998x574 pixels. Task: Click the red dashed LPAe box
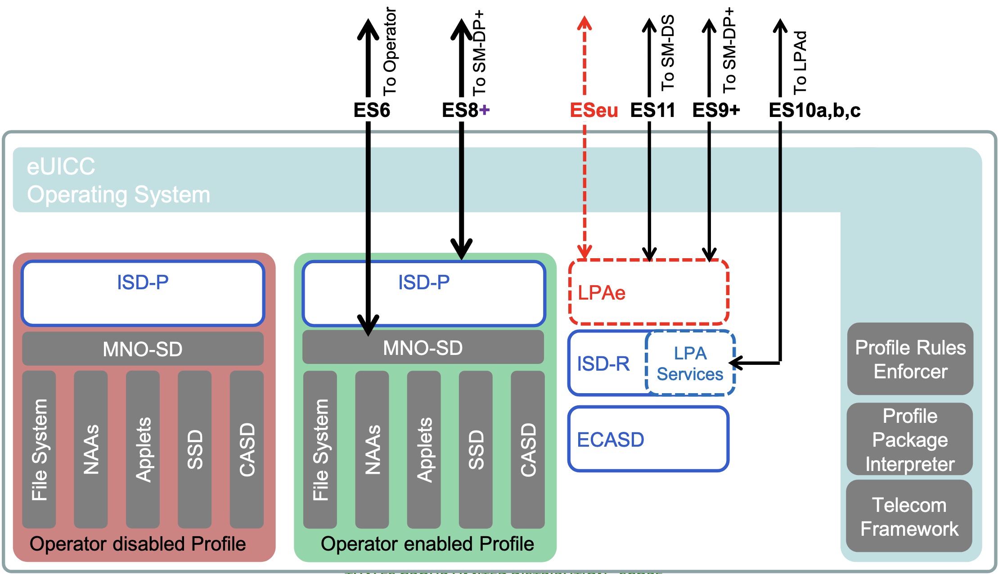[x=648, y=292]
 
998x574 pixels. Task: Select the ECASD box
[x=648, y=439]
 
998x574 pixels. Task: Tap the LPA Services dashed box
[x=690, y=363]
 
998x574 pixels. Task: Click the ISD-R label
[x=603, y=363]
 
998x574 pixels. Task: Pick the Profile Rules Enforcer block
[x=910, y=359]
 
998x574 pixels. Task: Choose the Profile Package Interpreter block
[x=909, y=439]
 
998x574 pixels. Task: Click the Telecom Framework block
[x=909, y=516]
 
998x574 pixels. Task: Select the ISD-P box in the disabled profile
[x=143, y=293]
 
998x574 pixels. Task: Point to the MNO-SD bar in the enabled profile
[x=423, y=348]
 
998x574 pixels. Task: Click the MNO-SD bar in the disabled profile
[x=143, y=349]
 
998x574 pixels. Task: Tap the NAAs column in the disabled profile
[x=91, y=449]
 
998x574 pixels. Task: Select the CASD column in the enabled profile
[x=528, y=449]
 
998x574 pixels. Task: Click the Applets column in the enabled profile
[x=424, y=449]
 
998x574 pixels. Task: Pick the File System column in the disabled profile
[x=39, y=449]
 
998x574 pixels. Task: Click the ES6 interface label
[x=372, y=110]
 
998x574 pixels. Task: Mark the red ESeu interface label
[x=594, y=110]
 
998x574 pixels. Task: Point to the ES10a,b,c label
[x=814, y=110]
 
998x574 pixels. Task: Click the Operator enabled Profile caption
[x=427, y=544]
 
